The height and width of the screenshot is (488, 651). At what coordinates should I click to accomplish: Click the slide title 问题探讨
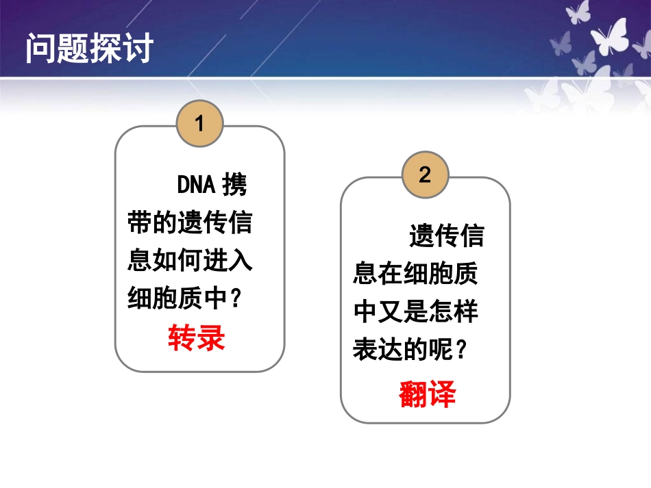click(x=89, y=49)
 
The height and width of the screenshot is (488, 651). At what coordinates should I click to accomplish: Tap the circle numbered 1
click(x=199, y=124)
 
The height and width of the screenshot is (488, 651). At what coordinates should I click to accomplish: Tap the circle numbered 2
click(x=425, y=175)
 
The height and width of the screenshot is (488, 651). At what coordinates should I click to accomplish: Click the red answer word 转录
click(x=197, y=338)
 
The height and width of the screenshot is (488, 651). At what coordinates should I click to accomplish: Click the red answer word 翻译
click(x=427, y=395)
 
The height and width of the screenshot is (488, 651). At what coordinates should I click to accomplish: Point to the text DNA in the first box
click(x=197, y=185)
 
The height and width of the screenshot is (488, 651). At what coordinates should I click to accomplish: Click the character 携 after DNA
click(x=234, y=185)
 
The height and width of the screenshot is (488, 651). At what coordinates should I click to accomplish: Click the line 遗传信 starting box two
click(x=446, y=236)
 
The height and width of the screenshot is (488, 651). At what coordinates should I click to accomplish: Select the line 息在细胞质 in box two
click(x=415, y=274)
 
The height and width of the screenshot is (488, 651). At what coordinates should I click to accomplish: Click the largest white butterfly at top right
click(x=609, y=38)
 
